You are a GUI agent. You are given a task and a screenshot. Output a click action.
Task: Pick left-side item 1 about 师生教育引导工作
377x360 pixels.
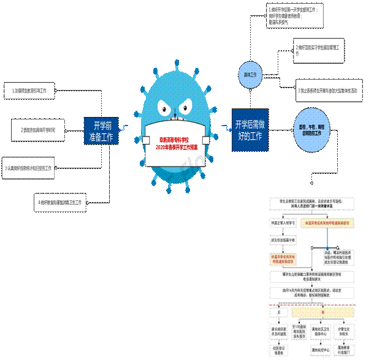[29, 91]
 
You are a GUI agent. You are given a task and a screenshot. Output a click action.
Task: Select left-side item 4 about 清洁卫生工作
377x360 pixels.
[59, 201]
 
